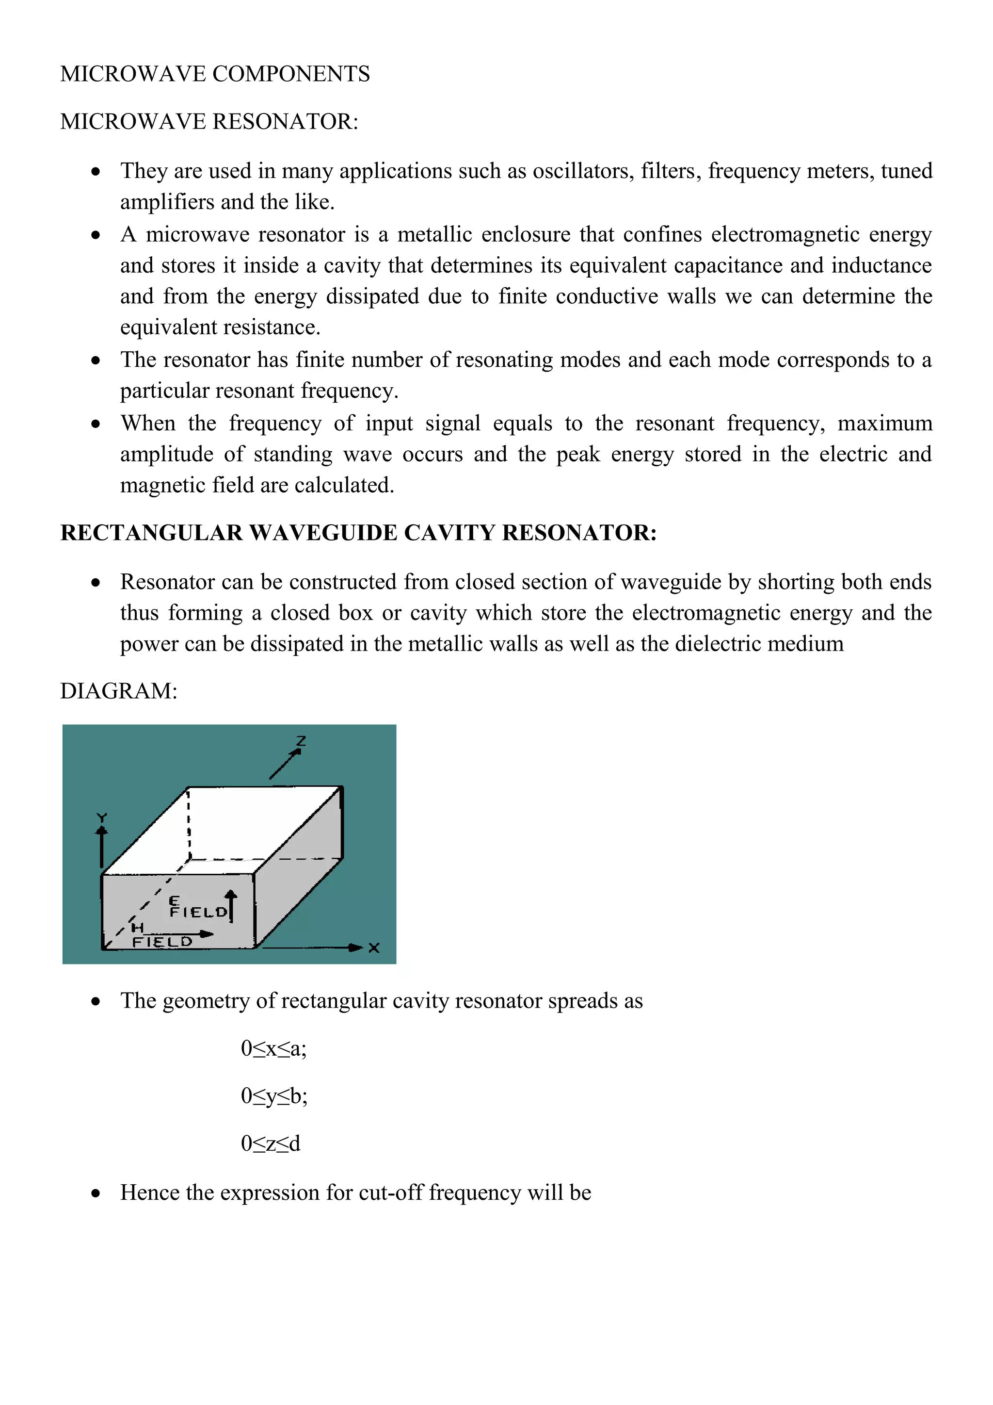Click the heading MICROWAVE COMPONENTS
pyautogui.click(x=215, y=74)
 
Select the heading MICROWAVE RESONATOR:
pyautogui.click(x=209, y=122)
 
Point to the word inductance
pyautogui.click(x=881, y=265)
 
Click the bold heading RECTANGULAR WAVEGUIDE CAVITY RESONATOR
pyautogui.click(x=358, y=533)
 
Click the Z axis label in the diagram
pyautogui.click(x=301, y=741)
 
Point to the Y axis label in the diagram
pyautogui.click(x=101, y=818)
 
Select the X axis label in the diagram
pyautogui.click(x=374, y=948)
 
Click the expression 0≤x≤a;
pyautogui.click(x=273, y=1048)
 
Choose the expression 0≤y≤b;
pyautogui.click(x=274, y=1096)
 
